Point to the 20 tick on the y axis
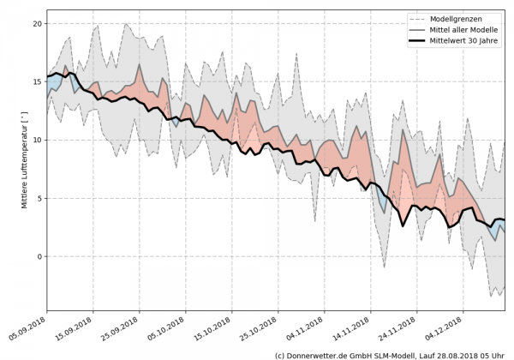pos(37,23)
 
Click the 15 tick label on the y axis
pos(37,81)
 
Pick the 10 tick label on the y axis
pos(37,140)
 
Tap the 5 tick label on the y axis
pos(39,198)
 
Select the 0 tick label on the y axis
pos(39,256)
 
